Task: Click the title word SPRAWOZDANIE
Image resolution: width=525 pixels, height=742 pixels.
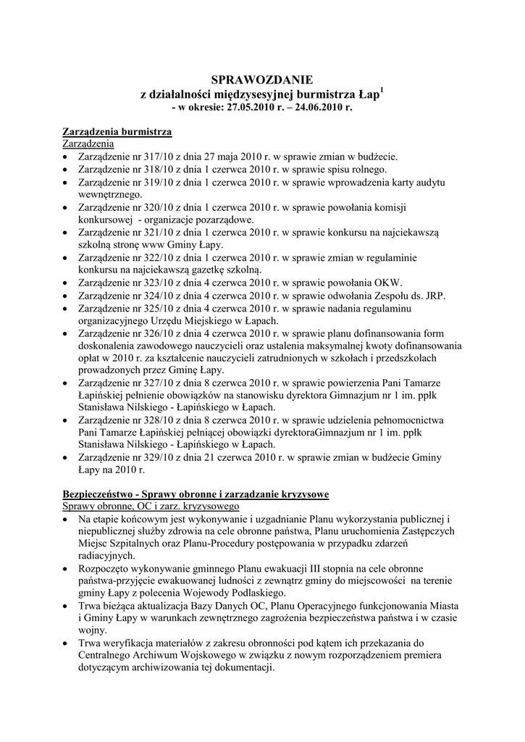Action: (262, 80)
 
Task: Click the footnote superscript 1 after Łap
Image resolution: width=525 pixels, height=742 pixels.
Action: (382, 90)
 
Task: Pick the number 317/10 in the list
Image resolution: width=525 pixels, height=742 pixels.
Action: (151, 157)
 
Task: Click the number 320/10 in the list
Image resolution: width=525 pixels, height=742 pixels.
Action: (151, 207)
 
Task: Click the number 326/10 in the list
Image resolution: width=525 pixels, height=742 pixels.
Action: (151, 332)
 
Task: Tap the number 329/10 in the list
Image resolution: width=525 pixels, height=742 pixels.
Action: (151, 457)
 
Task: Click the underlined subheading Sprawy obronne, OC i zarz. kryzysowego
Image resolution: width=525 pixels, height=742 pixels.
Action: (151, 506)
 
